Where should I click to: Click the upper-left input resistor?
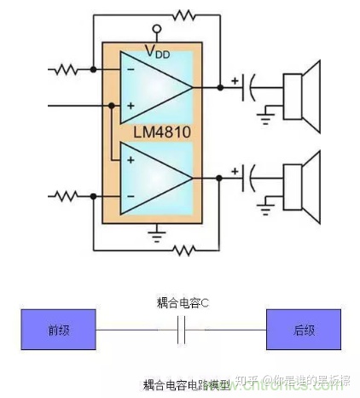click(67, 69)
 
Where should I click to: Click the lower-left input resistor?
click(67, 196)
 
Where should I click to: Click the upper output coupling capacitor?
click(250, 85)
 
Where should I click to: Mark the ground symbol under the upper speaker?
click(272, 108)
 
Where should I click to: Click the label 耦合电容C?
click(182, 303)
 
